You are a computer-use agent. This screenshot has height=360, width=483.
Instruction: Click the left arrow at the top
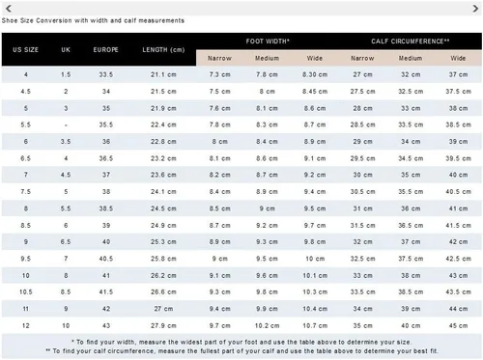click(9, 9)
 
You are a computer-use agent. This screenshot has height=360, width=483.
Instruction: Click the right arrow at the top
click(475, 9)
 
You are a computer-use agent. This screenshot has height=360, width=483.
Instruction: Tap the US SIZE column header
click(26, 50)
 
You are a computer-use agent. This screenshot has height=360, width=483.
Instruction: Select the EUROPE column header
click(106, 50)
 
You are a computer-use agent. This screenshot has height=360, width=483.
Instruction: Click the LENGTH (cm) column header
click(163, 50)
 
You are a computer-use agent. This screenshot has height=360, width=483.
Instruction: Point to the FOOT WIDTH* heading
click(268, 42)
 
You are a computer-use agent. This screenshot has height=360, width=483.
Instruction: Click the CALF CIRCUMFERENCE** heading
click(411, 42)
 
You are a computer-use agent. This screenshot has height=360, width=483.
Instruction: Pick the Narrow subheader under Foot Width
click(219, 58)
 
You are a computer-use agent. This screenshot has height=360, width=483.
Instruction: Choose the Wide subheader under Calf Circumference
click(458, 58)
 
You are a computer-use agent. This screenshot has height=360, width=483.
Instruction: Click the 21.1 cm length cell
click(163, 74)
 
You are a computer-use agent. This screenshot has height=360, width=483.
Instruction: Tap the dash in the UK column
click(66, 125)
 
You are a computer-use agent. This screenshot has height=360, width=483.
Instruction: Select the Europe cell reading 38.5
click(106, 208)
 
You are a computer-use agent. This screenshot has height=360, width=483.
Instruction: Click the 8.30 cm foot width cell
click(315, 74)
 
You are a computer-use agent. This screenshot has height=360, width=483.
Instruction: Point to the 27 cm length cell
click(163, 309)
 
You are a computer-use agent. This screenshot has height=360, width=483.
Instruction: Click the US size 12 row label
click(26, 325)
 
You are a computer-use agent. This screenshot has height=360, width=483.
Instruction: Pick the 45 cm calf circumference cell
click(458, 325)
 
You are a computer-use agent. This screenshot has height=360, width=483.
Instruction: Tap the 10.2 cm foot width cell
click(267, 325)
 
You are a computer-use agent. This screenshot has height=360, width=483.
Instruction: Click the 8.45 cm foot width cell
click(315, 92)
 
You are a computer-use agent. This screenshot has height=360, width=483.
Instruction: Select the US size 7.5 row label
click(26, 192)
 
